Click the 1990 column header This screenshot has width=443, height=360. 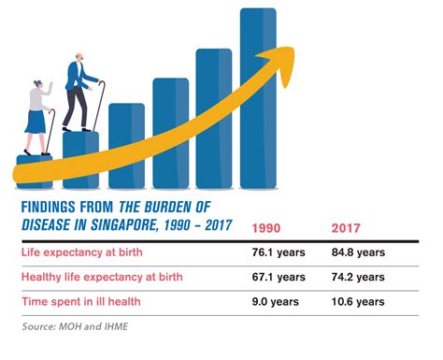click(x=266, y=228)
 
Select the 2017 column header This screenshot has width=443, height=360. click(x=346, y=228)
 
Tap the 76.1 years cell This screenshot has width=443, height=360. click(x=279, y=252)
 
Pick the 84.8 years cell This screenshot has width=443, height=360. click(x=358, y=252)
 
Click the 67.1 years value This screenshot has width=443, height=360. click(x=279, y=277)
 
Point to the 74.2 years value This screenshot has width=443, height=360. click(x=358, y=277)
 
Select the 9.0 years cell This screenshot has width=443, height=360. click(x=276, y=302)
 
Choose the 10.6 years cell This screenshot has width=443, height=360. click(x=358, y=302)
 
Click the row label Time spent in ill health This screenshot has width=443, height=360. click(x=81, y=301)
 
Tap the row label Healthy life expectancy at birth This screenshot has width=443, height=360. click(x=102, y=277)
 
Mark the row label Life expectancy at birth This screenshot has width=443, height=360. click(x=82, y=252)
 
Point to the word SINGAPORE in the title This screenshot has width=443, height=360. click(x=123, y=225)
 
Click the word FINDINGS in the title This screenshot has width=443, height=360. click(x=49, y=207)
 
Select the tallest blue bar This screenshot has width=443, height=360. click(x=258, y=98)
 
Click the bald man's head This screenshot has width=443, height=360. click(x=79, y=57)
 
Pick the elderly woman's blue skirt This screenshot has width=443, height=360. click(x=36, y=122)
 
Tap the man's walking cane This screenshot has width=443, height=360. click(x=99, y=105)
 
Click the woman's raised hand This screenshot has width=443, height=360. click(x=50, y=86)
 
